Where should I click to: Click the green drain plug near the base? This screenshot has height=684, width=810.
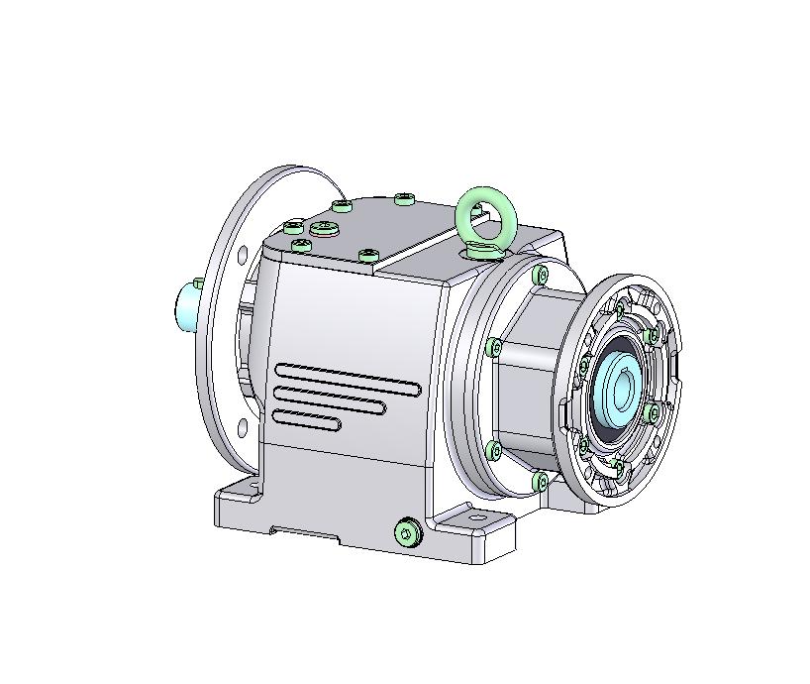coord(407,533)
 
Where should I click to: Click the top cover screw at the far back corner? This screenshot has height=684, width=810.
coord(404,199)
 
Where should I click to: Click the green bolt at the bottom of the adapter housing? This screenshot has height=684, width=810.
coord(540,482)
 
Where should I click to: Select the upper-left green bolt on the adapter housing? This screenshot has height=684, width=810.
coord(494,346)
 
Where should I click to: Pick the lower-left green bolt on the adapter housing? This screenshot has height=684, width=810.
coord(495,451)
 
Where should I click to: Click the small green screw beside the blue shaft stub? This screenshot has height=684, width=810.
coord(199,285)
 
